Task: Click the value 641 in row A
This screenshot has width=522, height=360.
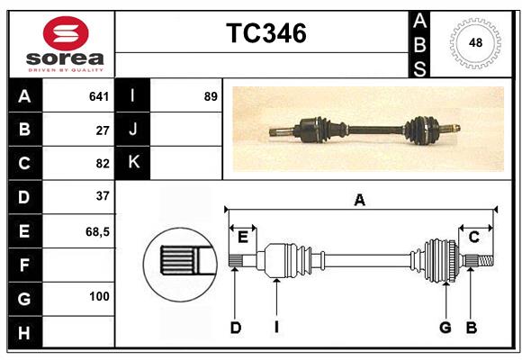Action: (x=99, y=96)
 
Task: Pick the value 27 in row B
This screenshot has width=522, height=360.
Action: (x=103, y=130)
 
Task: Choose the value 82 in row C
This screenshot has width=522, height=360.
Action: (x=103, y=163)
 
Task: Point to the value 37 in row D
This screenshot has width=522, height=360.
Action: (x=103, y=196)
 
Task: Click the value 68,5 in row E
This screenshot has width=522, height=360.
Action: (x=97, y=231)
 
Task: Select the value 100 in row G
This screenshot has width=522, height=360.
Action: (x=99, y=297)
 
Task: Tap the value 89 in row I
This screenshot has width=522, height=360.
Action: (x=211, y=96)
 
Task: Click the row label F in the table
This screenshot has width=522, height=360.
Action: (x=24, y=265)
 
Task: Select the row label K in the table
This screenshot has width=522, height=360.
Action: (x=133, y=163)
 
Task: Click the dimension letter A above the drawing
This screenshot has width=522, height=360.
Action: (x=360, y=201)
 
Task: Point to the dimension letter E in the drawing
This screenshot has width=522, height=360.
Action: (x=242, y=237)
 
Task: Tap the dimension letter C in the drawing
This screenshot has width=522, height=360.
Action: (x=473, y=237)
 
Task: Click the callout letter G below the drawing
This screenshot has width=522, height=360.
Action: (x=445, y=328)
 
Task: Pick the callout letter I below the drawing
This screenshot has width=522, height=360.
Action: (x=277, y=328)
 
